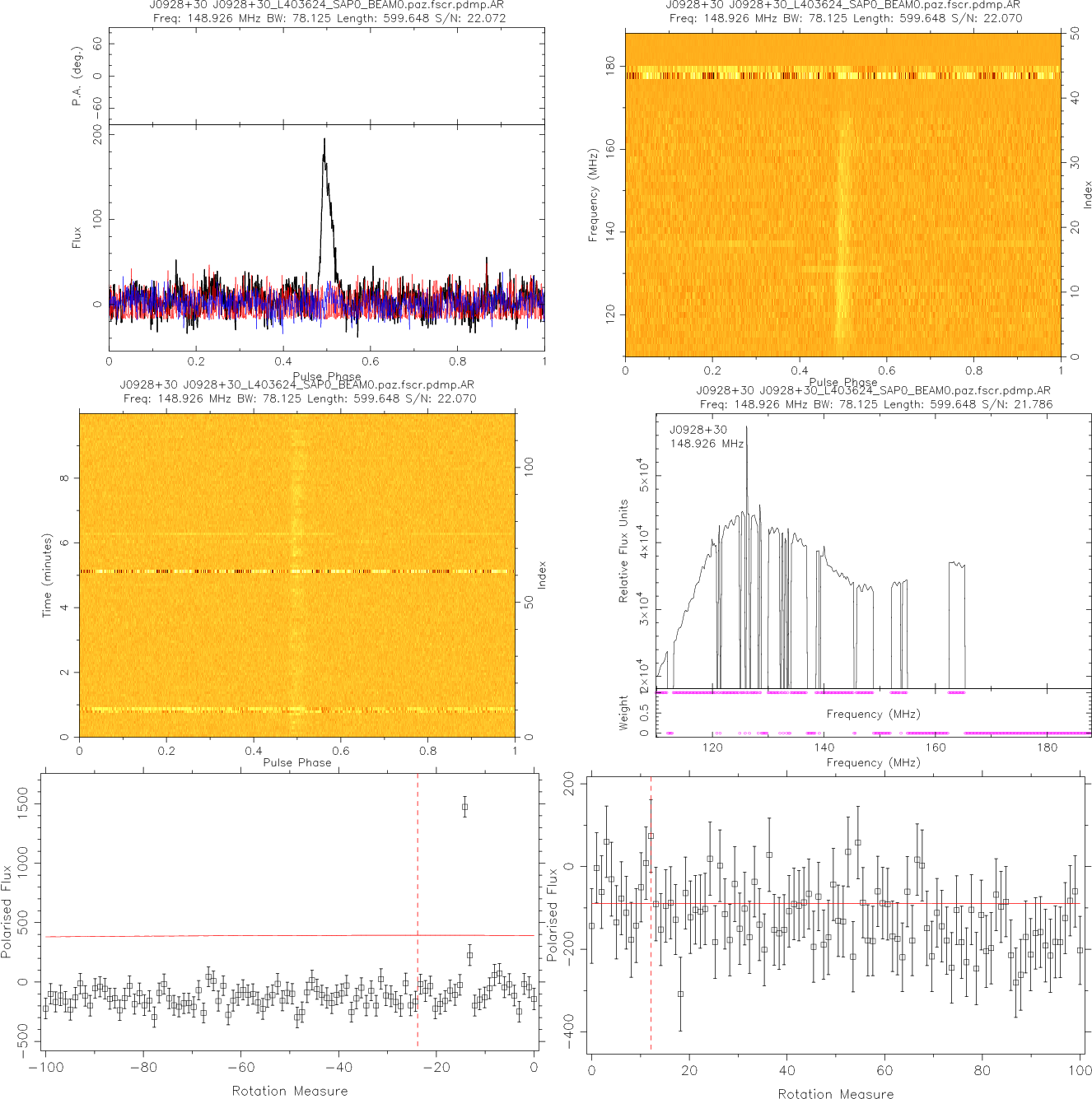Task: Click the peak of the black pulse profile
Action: [324, 139]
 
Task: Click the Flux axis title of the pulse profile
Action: [77, 238]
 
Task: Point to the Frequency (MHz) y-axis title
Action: [592, 195]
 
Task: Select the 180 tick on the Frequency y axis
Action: [610, 66]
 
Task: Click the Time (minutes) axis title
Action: [47, 575]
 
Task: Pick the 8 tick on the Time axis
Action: [64, 478]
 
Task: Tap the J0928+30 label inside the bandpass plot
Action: [698, 430]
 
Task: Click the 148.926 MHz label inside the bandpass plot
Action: [707, 444]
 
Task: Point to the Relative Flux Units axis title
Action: [623, 551]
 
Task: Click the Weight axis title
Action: [623, 713]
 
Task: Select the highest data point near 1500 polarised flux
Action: [464, 807]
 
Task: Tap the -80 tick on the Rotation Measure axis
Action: [143, 1068]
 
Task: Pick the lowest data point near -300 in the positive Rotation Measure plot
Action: [680, 994]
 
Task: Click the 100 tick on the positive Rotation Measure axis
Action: [1080, 1070]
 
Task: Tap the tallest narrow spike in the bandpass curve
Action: [747, 428]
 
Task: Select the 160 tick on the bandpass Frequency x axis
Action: [936, 747]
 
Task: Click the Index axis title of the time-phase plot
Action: [541, 575]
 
